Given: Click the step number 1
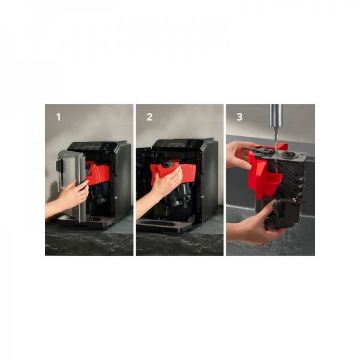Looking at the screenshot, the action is (59, 117).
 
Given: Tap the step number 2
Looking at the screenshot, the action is (149, 117).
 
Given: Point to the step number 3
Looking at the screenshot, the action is (239, 117).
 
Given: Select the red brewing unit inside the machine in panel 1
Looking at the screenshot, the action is (98, 172).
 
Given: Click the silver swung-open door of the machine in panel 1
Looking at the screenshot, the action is (71, 184).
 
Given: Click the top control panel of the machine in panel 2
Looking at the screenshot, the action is (178, 144).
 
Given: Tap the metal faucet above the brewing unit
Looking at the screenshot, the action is (276, 115).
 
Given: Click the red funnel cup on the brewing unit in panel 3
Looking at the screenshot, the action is (272, 182).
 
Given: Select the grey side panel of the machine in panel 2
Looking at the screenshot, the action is (209, 181).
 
